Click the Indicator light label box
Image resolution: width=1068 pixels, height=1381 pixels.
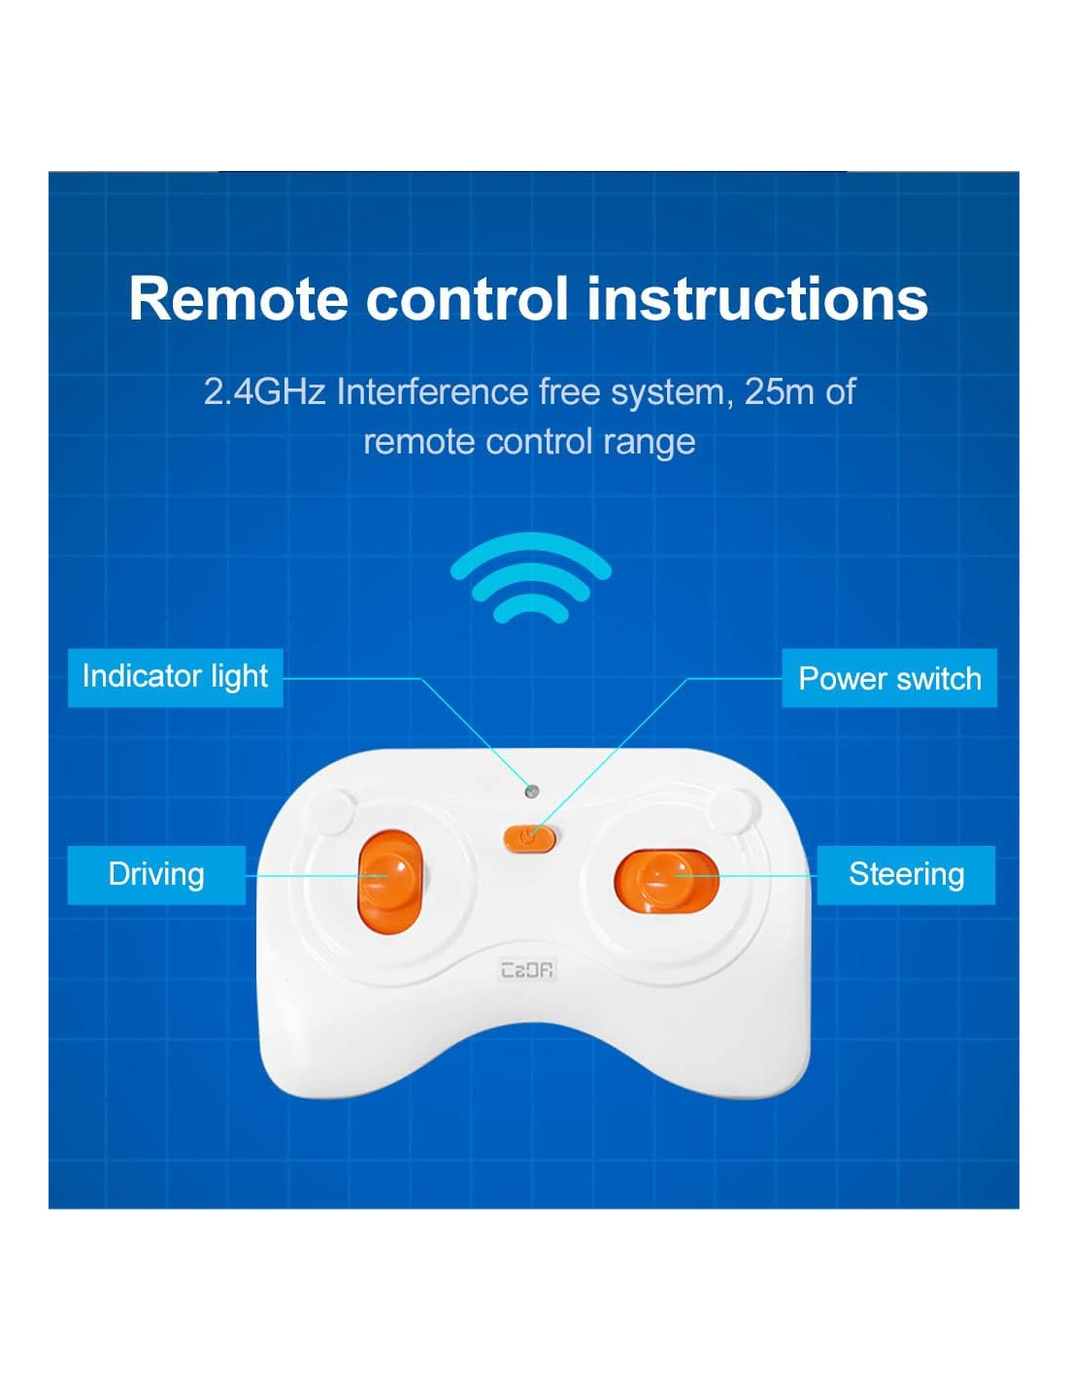click(175, 678)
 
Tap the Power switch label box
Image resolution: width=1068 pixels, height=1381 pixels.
click(888, 678)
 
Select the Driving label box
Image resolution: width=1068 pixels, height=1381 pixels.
click(156, 875)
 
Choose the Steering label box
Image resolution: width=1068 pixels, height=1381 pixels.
click(906, 875)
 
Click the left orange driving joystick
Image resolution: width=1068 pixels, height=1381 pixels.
click(390, 882)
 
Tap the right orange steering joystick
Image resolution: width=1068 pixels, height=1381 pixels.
click(666, 880)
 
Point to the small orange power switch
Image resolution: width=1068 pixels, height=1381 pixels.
click(529, 837)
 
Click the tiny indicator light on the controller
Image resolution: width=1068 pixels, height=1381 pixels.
click(532, 792)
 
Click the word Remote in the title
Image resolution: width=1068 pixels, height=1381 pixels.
click(238, 299)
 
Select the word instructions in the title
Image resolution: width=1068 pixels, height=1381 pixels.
click(756, 299)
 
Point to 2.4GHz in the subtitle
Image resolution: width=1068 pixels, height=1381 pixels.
click(264, 392)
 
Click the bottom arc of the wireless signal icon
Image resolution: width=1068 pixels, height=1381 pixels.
click(530, 608)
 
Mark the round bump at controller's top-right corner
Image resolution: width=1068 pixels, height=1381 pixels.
click(736, 810)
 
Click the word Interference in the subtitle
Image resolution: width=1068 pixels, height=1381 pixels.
click(432, 391)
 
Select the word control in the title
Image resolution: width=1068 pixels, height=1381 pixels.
click(466, 299)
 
